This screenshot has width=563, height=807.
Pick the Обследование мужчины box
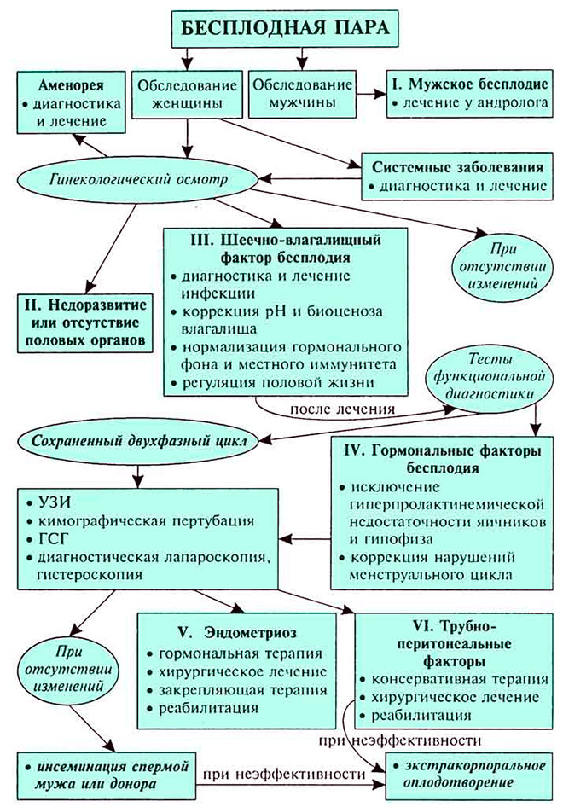tap(303, 95)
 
